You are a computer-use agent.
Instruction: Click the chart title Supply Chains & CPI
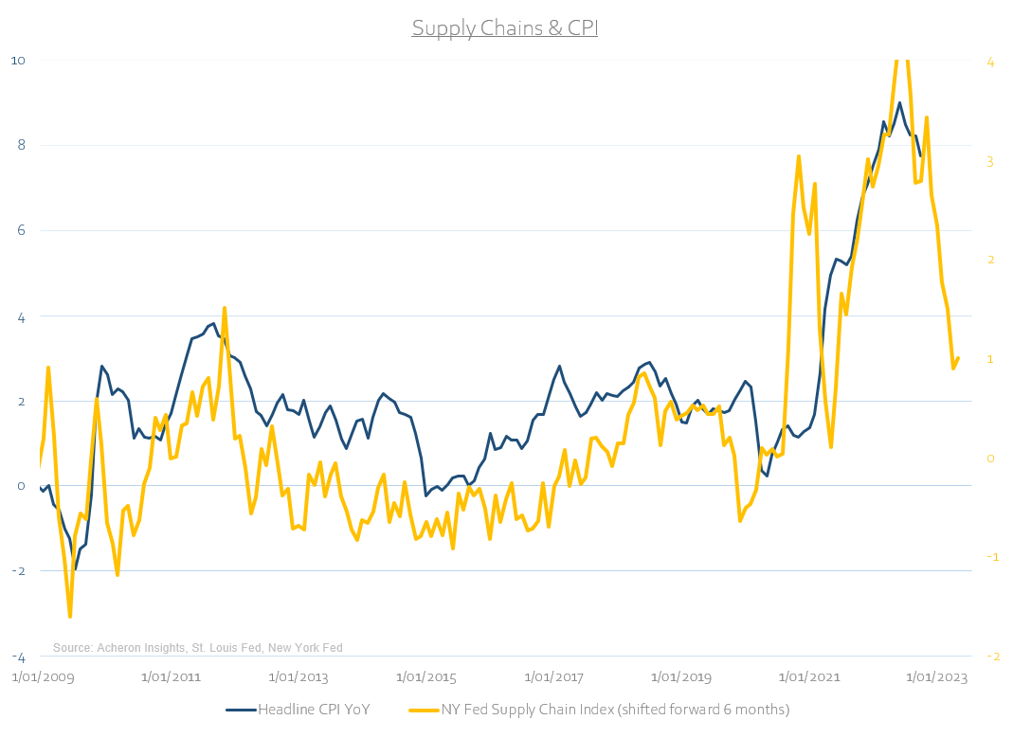point(504,28)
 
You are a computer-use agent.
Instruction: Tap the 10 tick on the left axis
point(17,61)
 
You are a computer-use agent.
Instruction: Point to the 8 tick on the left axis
point(20,146)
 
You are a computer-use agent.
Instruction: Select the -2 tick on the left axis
point(17,571)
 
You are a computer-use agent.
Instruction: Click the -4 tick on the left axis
point(17,657)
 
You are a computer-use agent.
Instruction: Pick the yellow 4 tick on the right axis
point(989,63)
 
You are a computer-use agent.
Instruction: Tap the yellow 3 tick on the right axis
point(989,162)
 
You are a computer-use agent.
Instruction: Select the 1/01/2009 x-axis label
point(43,677)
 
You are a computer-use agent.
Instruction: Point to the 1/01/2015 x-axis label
point(425,677)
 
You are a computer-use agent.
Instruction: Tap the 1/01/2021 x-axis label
point(808,677)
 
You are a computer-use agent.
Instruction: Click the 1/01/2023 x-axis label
point(936,677)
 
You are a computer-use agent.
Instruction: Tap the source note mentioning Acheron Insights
point(197,648)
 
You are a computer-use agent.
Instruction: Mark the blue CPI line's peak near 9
point(899,102)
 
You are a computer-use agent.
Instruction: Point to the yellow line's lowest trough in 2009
point(70,617)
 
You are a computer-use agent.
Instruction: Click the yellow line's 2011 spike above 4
point(225,308)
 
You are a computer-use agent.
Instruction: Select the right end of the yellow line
point(958,358)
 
